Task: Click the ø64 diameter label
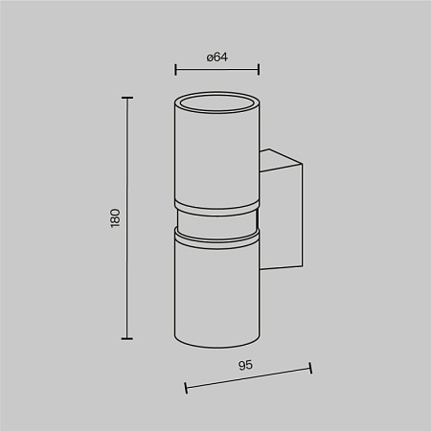(x=217, y=57)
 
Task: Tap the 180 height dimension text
(x=115, y=218)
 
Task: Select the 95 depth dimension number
(x=245, y=365)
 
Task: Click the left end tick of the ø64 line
(x=175, y=69)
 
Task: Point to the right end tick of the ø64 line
(x=259, y=69)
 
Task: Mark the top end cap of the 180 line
(x=127, y=98)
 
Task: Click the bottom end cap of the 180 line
(x=127, y=338)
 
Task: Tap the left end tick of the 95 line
(x=186, y=388)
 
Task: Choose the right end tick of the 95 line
(x=310, y=368)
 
